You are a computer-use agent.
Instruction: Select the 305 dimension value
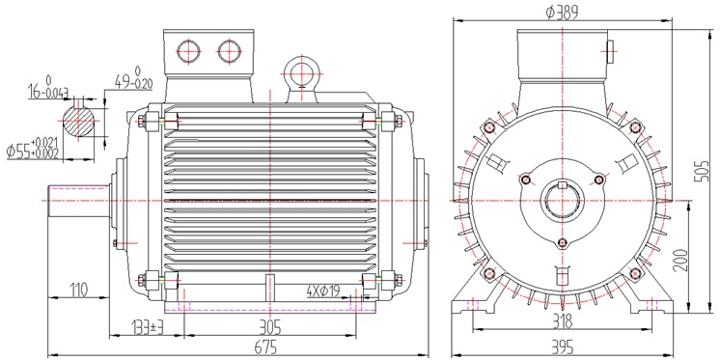[x=270, y=327]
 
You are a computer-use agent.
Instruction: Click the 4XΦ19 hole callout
[x=322, y=291]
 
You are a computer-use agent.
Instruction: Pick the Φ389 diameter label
[x=562, y=13]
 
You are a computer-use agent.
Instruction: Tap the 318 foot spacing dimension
[x=563, y=321]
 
